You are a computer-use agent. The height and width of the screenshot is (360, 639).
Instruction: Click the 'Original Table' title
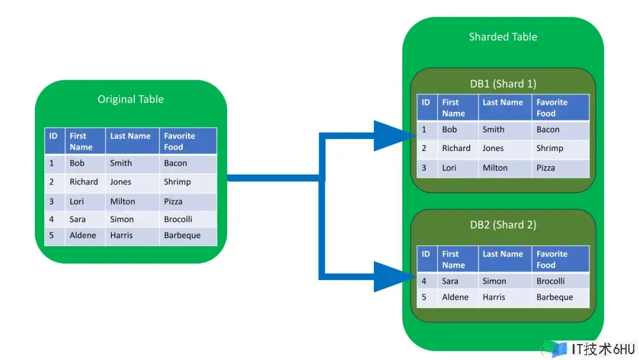130,99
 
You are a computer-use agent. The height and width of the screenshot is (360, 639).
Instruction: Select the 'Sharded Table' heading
503,37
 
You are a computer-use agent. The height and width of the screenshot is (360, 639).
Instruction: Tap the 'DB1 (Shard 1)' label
503,83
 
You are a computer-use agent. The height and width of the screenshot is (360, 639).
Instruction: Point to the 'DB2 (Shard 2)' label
503,224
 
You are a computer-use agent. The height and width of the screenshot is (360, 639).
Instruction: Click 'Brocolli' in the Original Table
178,219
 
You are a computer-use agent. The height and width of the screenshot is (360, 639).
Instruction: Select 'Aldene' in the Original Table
83,235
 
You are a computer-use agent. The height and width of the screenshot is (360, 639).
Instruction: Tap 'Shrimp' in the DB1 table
550,149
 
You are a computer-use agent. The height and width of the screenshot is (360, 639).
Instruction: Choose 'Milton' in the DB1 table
495,168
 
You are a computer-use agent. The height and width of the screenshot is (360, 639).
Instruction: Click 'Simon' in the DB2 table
494,281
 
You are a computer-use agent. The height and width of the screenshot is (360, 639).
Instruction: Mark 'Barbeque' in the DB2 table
554,297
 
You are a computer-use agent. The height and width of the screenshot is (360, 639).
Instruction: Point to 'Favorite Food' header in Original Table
179,142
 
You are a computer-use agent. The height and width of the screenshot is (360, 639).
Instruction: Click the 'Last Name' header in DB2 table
502,253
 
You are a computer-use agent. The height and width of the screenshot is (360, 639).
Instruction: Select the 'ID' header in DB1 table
425,102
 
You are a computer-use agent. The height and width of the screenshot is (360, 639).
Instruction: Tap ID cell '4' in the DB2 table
424,281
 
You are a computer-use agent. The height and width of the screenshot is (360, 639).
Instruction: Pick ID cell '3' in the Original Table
51,201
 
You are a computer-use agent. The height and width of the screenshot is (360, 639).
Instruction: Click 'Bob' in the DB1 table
450,129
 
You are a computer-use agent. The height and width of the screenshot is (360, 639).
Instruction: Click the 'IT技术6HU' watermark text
603,349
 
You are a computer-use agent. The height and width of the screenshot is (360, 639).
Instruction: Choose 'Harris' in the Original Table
121,235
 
